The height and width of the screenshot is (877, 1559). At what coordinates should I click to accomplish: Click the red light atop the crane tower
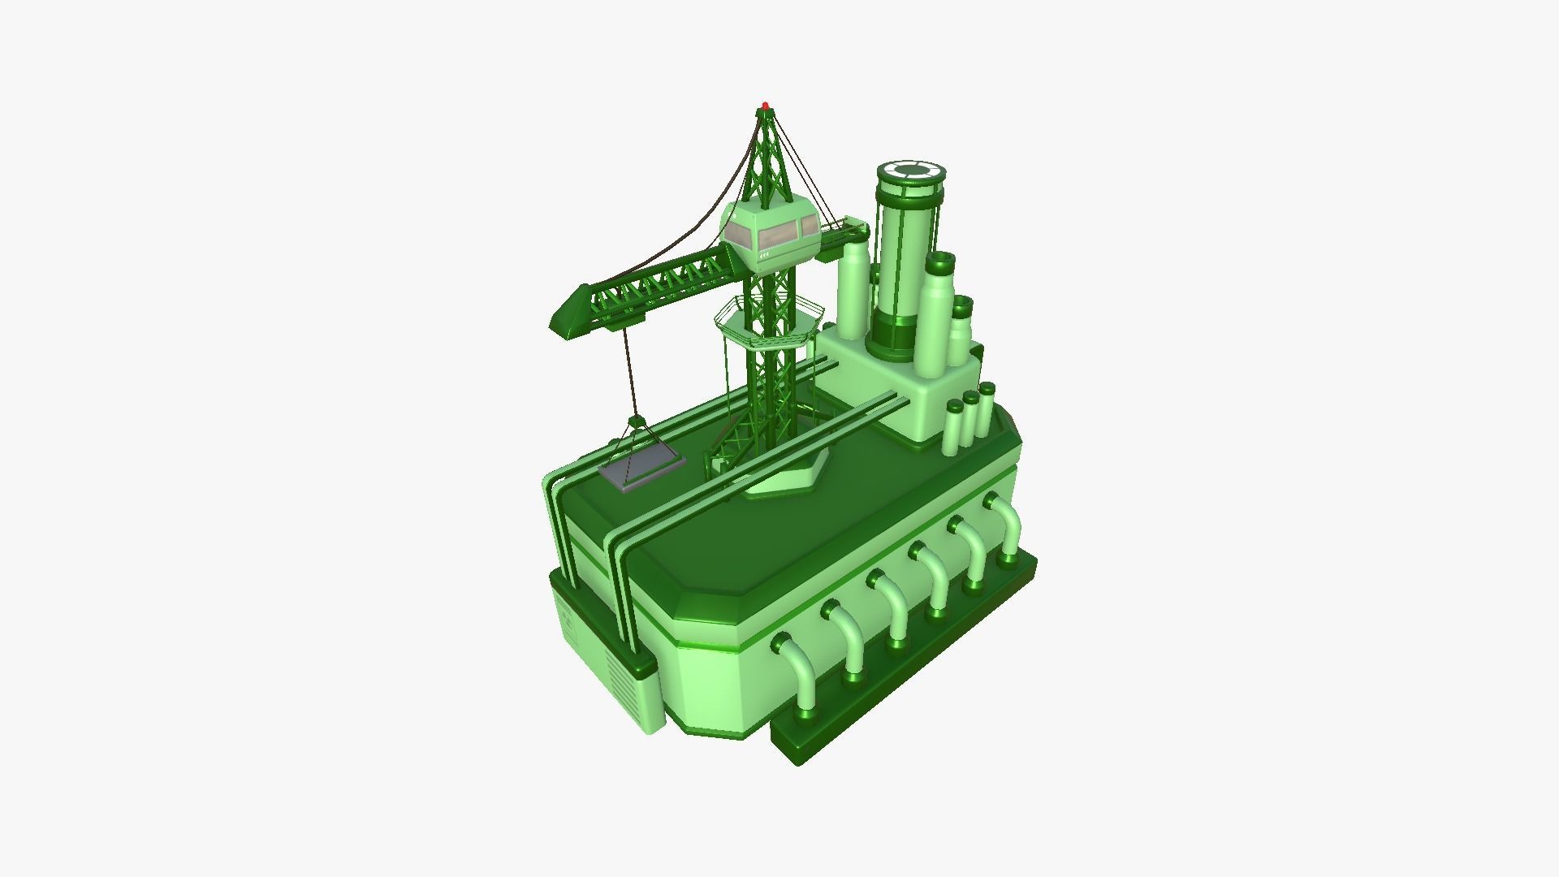click(765, 106)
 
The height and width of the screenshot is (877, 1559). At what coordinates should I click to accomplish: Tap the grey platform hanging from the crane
click(641, 470)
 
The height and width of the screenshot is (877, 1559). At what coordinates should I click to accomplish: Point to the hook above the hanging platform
click(636, 421)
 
